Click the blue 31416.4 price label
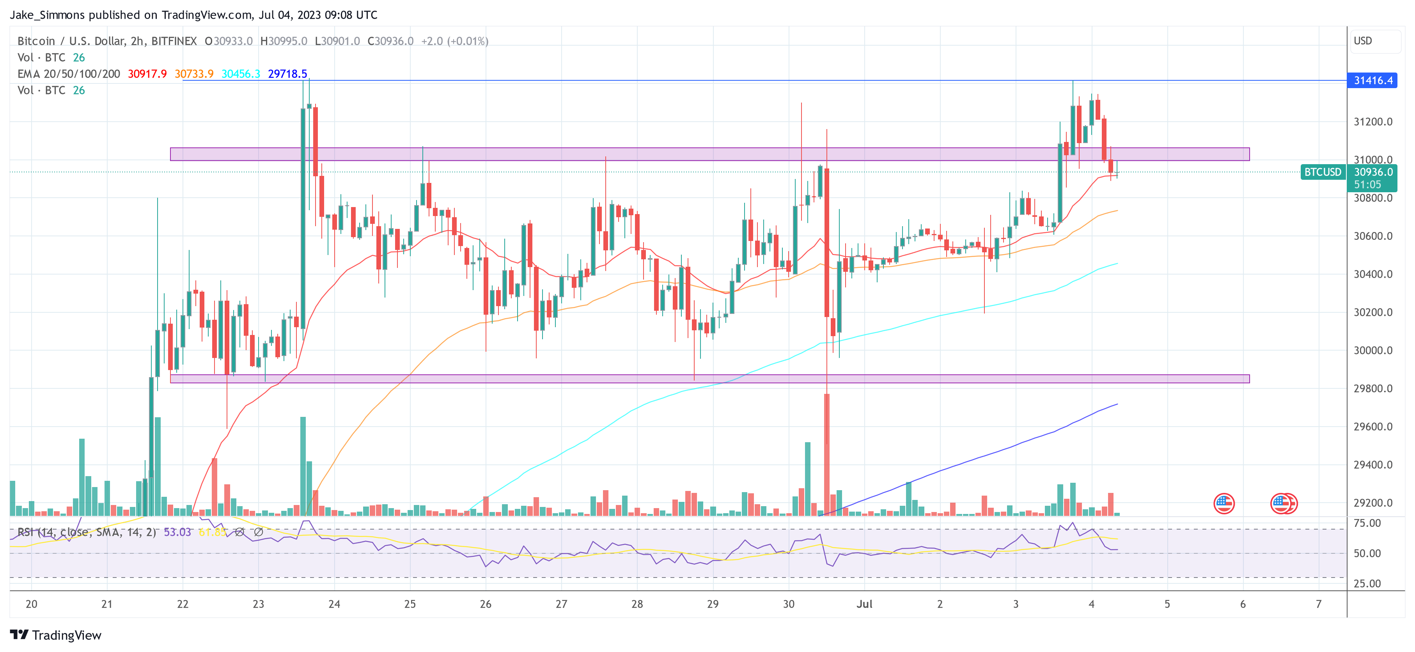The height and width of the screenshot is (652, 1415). pyautogui.click(x=1372, y=81)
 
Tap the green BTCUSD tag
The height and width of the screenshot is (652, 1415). pyautogui.click(x=1322, y=172)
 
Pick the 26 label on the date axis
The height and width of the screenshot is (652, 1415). pyautogui.click(x=486, y=604)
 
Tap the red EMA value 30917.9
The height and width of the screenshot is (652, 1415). pyautogui.click(x=147, y=74)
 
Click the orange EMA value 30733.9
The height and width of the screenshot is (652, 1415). pyautogui.click(x=194, y=74)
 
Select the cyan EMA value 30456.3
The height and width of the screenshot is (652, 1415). pyautogui.click(x=241, y=74)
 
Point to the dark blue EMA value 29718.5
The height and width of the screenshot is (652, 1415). pyautogui.click(x=287, y=74)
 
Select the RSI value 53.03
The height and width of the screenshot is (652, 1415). pyautogui.click(x=177, y=532)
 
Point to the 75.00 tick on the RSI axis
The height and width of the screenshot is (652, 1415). pyautogui.click(x=1367, y=523)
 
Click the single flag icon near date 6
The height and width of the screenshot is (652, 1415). pyautogui.click(x=1224, y=503)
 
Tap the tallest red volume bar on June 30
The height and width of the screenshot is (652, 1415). pyautogui.click(x=827, y=455)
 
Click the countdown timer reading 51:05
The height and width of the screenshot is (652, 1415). pyautogui.click(x=1367, y=184)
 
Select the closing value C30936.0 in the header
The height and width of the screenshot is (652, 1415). pyautogui.click(x=390, y=41)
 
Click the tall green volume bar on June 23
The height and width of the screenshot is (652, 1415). pyautogui.click(x=303, y=466)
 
